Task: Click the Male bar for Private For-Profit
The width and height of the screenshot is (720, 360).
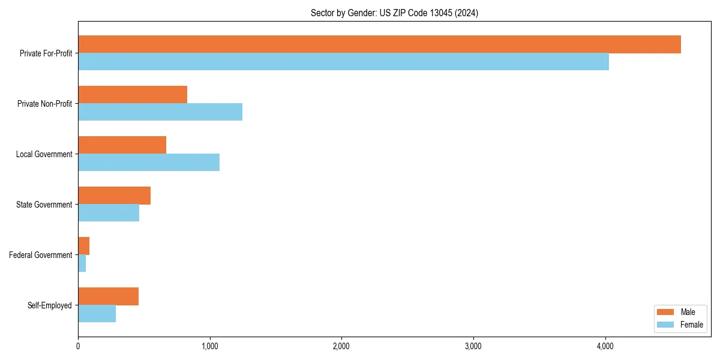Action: pyautogui.click(x=379, y=44)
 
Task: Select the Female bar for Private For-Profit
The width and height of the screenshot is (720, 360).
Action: pyautogui.click(x=343, y=62)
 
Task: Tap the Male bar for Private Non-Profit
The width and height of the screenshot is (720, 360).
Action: pyautogui.click(x=133, y=95)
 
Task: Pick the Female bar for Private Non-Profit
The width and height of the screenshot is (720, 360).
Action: pyautogui.click(x=160, y=112)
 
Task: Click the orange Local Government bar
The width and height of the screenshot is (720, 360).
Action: pyautogui.click(x=122, y=145)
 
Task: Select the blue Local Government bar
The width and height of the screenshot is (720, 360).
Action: pyautogui.click(x=149, y=163)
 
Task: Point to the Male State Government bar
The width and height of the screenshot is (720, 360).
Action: pyautogui.click(x=114, y=196)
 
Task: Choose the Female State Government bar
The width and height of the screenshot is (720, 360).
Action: pyautogui.click(x=109, y=213)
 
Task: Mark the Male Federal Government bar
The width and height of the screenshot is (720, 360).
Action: pyautogui.click(x=83, y=246)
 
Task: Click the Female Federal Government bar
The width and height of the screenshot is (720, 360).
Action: pyautogui.click(x=82, y=263)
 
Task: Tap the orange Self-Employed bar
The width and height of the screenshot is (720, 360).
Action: pyautogui.click(x=108, y=296)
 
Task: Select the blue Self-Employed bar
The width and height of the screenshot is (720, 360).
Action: pyautogui.click(x=97, y=314)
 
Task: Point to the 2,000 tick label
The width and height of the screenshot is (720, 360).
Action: pyautogui.click(x=341, y=346)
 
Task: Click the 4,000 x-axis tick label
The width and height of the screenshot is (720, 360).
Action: pyautogui.click(x=605, y=346)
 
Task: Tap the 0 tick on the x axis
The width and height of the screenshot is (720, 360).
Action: pyautogui.click(x=78, y=346)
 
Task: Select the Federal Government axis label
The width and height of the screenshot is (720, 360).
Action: pyautogui.click(x=41, y=255)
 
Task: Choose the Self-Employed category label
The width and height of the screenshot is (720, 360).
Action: pyautogui.click(x=50, y=305)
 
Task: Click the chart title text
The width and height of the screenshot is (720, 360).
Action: pyautogui.click(x=394, y=13)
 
